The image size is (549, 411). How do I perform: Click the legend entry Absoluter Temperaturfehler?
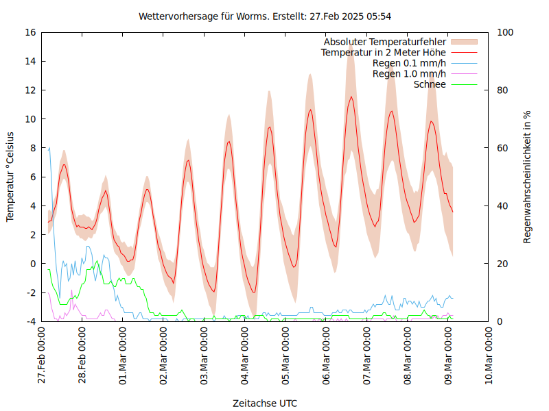(385, 42)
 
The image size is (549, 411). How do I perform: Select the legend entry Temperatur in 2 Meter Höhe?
(384, 52)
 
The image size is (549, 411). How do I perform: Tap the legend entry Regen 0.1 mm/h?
(409, 63)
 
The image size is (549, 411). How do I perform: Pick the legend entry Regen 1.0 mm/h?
(409, 73)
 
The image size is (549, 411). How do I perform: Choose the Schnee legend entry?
(430, 84)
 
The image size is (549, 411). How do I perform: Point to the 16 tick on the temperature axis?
(30, 32)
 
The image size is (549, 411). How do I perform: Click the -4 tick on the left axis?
(30, 321)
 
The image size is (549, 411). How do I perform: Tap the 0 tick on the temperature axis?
(33, 264)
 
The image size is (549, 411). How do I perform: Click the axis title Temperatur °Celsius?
(10, 176)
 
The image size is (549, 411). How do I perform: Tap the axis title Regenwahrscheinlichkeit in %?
(528, 176)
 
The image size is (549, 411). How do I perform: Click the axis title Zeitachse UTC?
(265, 403)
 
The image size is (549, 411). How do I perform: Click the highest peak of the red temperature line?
(351, 97)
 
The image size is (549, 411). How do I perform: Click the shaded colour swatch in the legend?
(464, 42)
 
